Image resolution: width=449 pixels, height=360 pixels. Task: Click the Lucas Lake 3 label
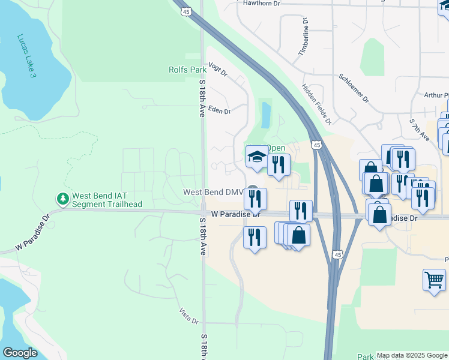pos(27,55)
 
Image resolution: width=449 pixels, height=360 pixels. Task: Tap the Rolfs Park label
pos(187,70)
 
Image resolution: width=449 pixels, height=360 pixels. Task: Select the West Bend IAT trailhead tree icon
pos(62,198)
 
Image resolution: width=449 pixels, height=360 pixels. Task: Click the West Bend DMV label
pos(212,192)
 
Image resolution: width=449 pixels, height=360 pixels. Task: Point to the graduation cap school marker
pos(256,157)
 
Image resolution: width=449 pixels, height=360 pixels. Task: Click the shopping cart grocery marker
pos(433,279)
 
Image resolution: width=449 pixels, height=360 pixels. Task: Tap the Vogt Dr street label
pos(217,69)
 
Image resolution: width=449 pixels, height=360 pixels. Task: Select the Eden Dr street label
pos(219,110)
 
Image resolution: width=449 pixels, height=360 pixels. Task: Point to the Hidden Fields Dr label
pos(316,103)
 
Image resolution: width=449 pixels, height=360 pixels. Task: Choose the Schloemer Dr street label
pos(353,88)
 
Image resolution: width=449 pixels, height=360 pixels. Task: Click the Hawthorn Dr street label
pos(262,4)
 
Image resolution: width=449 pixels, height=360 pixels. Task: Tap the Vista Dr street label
pos(188,316)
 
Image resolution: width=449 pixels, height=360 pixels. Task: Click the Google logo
pos(20,353)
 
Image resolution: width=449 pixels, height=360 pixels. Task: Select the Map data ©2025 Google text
pos(411,355)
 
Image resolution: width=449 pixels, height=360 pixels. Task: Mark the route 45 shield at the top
pos(187,11)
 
